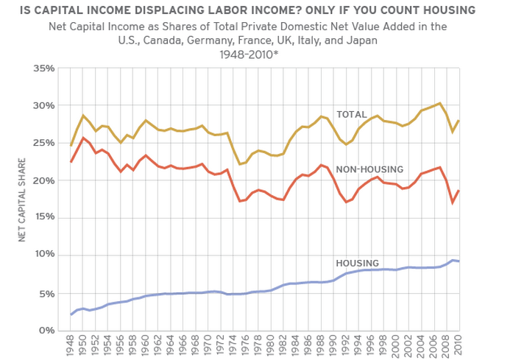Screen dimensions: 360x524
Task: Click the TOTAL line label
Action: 351,115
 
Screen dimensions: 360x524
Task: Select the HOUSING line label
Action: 357,263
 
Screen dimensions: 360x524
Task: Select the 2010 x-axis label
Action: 459,345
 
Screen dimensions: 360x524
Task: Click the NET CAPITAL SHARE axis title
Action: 22,200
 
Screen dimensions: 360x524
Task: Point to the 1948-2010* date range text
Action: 247,54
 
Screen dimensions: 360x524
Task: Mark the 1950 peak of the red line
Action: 83,138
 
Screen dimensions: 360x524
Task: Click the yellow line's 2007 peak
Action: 439,103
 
